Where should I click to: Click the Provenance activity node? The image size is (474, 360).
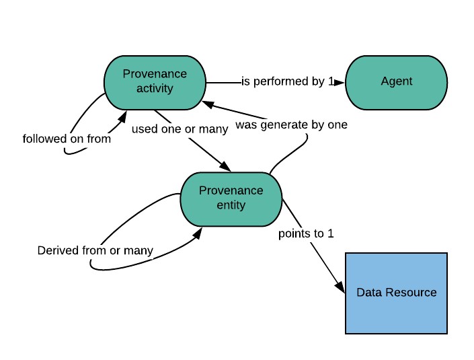[155, 83]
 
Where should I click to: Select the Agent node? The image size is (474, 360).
[396, 83]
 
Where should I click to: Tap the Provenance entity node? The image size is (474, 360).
[231, 199]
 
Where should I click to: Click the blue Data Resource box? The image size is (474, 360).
[396, 293]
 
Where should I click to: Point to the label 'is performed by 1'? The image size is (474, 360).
[288, 81]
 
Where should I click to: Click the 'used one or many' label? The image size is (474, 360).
[180, 129]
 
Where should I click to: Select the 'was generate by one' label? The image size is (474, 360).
[291, 125]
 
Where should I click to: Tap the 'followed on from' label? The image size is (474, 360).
[67, 139]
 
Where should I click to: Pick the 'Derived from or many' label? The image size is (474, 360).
[95, 251]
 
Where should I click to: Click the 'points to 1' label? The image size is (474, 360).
[306, 233]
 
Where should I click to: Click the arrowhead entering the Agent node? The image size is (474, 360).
[340, 83]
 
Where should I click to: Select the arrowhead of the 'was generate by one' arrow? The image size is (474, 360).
[208, 104]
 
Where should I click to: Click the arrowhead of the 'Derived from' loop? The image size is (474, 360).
[198, 233]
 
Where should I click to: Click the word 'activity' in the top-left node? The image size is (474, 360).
[155, 89]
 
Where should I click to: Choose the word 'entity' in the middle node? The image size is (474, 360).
[231, 205]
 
